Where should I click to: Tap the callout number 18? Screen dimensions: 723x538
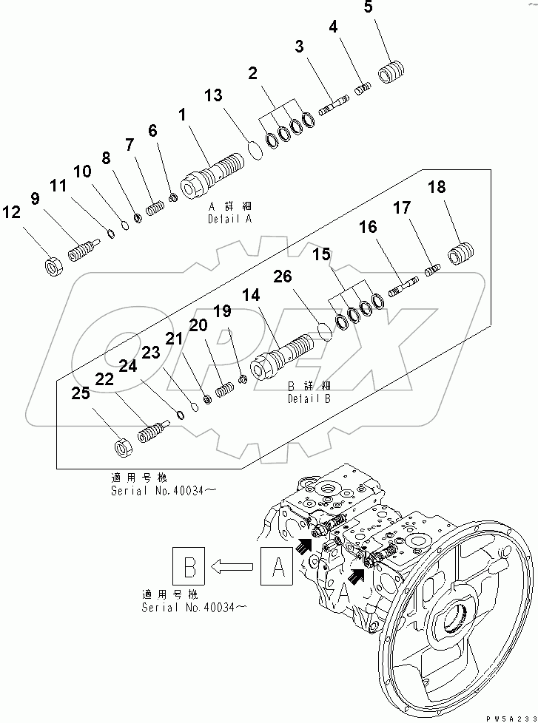coord(437,187)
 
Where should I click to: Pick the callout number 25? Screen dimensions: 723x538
coord(81,393)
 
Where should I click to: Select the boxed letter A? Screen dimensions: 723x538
coord(278,567)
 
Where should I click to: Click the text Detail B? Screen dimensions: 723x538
coord(309,398)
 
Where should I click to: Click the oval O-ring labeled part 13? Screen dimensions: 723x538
coord(255,149)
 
